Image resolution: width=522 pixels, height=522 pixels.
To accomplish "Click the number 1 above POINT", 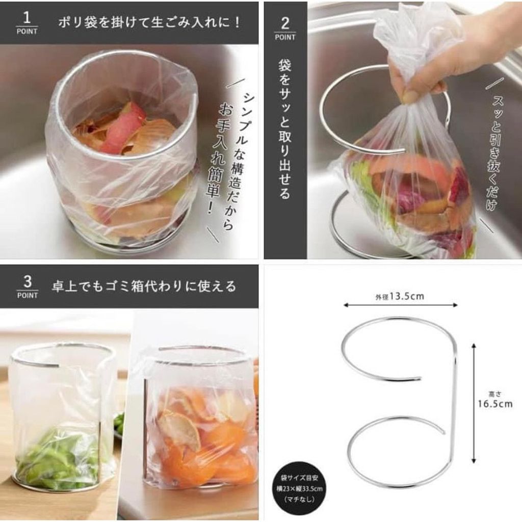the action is point(27,18).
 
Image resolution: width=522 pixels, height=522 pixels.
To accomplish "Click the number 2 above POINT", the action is point(285,24).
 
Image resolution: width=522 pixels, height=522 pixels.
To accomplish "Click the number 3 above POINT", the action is point(28,282).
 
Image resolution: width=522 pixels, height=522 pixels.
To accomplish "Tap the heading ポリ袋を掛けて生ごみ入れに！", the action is point(149,22).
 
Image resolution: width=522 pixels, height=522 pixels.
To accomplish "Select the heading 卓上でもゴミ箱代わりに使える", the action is point(144,286).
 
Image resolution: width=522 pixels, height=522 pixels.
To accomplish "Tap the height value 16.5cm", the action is point(495,404).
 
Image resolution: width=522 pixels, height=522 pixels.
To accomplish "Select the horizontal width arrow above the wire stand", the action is point(401,305).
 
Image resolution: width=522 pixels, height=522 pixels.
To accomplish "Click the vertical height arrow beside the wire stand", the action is point(474,404).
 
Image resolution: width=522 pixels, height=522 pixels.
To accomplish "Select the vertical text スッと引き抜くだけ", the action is point(497,153).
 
